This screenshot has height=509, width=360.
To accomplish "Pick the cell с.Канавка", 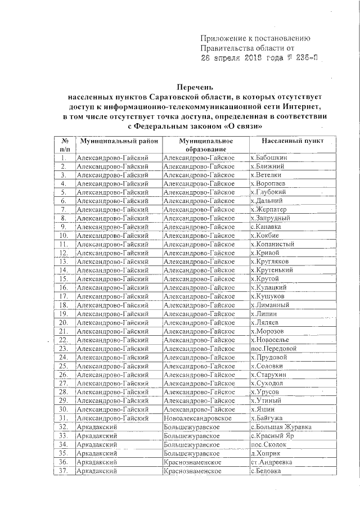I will pos(267,227).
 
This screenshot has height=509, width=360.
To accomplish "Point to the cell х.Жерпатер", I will pos(271,210).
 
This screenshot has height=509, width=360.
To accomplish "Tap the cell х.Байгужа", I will pos(267,418).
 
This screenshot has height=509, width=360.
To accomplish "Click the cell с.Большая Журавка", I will pos(281,427).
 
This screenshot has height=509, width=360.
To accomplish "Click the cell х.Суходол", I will pos(268,383).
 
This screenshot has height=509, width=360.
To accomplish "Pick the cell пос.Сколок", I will pos(268,444).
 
